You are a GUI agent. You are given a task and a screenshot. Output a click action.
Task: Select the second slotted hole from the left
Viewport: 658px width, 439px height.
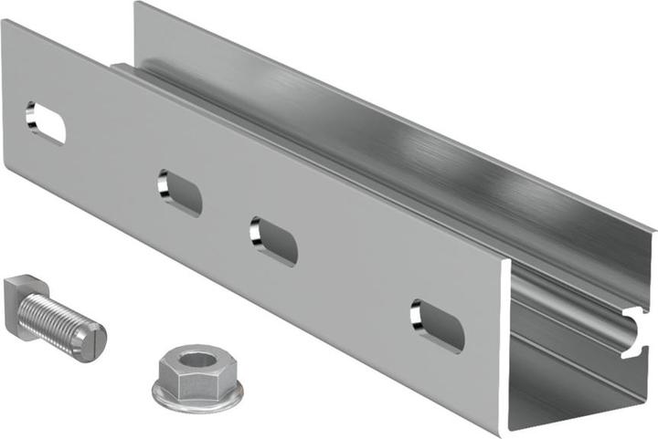click(179, 192)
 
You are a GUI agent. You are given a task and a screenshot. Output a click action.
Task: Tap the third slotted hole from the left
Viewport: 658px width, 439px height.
click(274, 240)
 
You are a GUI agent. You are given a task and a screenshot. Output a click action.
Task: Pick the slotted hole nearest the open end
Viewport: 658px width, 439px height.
click(437, 325)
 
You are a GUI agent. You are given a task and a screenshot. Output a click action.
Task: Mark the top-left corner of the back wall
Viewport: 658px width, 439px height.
click(136, 4)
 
